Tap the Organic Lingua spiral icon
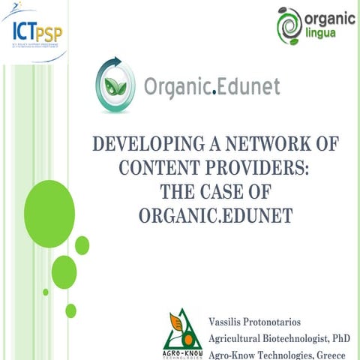click(x=289, y=23)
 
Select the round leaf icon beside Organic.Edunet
click(x=113, y=85)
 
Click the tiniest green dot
click(x=46, y=292)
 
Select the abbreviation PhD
click(x=342, y=338)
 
